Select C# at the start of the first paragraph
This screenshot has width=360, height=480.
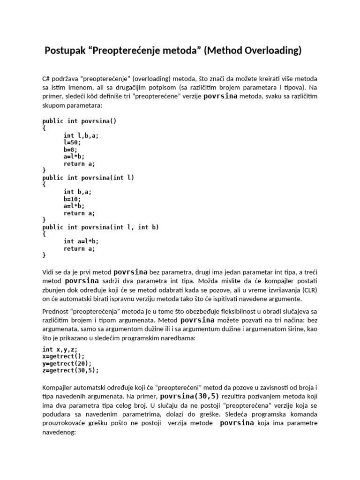[x=46, y=78]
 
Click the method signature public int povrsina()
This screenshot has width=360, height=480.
[x=79, y=121]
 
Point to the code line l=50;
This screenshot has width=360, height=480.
[x=72, y=142]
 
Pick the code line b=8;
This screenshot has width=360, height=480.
[x=70, y=150]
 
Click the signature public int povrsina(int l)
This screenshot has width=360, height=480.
[x=88, y=178]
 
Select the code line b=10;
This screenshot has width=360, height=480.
[x=72, y=199]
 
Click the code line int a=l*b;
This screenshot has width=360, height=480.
[x=81, y=241]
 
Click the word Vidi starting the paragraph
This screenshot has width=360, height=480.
[x=48, y=272]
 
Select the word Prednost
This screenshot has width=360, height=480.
[x=56, y=311]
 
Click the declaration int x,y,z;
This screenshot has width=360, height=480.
[x=60, y=349]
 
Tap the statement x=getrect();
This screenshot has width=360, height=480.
[x=63, y=356]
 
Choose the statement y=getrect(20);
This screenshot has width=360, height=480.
[x=67, y=363]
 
